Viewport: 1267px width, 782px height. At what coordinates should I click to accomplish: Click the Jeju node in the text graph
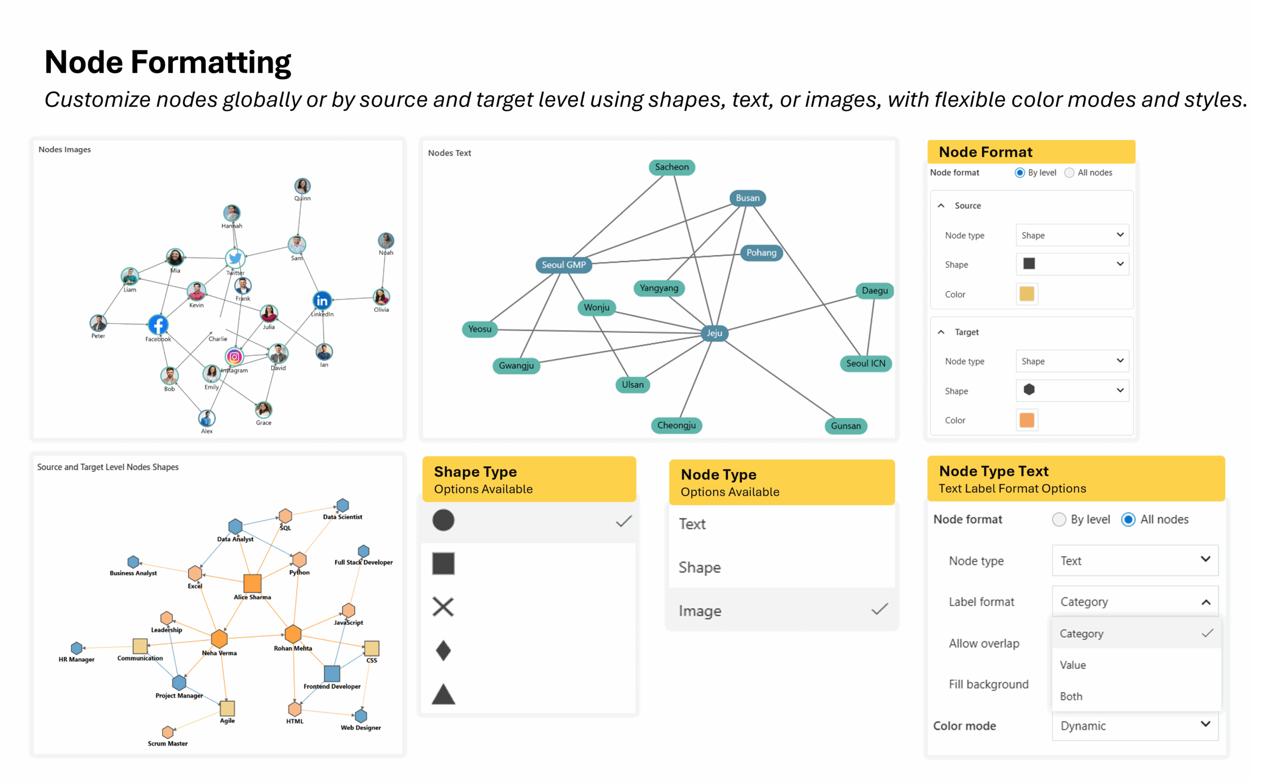pyautogui.click(x=714, y=333)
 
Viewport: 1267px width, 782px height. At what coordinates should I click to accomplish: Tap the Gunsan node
pyautogui.click(x=845, y=426)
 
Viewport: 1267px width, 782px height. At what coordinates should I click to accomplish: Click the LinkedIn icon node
pyautogui.click(x=322, y=300)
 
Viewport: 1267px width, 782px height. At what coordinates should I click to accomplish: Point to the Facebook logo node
pyautogui.click(x=158, y=325)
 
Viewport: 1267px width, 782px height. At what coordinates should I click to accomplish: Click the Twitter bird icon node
pyautogui.click(x=235, y=258)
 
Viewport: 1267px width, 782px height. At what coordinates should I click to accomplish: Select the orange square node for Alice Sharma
pyautogui.click(x=252, y=583)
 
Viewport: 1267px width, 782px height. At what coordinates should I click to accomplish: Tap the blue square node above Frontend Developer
pyautogui.click(x=332, y=674)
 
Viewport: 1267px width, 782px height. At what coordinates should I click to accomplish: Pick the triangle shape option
pyautogui.click(x=443, y=694)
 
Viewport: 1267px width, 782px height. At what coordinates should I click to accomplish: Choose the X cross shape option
pyautogui.click(x=443, y=607)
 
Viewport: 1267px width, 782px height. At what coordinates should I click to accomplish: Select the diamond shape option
pyautogui.click(x=443, y=650)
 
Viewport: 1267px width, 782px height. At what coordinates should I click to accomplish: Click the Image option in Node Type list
pyautogui.click(x=700, y=611)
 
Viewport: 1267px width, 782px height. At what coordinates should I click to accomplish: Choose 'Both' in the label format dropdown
pyautogui.click(x=1071, y=696)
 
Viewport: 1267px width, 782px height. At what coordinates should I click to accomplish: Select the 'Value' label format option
pyautogui.click(x=1072, y=665)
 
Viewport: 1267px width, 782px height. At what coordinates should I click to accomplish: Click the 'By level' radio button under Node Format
pyautogui.click(x=1019, y=173)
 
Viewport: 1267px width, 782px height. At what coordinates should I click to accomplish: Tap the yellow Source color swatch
pyautogui.click(x=1026, y=294)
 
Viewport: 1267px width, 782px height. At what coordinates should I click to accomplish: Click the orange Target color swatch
pyautogui.click(x=1026, y=420)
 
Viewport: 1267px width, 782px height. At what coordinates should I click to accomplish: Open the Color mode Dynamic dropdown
pyautogui.click(x=1135, y=725)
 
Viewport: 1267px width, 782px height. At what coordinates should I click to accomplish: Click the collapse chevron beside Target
pyautogui.click(x=941, y=332)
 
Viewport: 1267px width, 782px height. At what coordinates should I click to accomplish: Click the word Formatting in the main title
pyautogui.click(x=211, y=62)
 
